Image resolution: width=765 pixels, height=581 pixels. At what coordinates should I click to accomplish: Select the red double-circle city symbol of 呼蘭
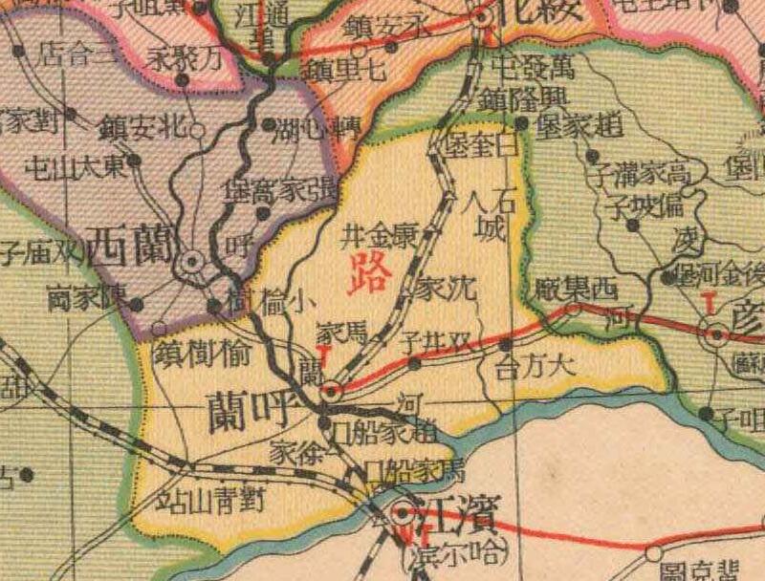(331, 390)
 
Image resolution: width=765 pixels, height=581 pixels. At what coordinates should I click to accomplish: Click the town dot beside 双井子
(413, 363)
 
